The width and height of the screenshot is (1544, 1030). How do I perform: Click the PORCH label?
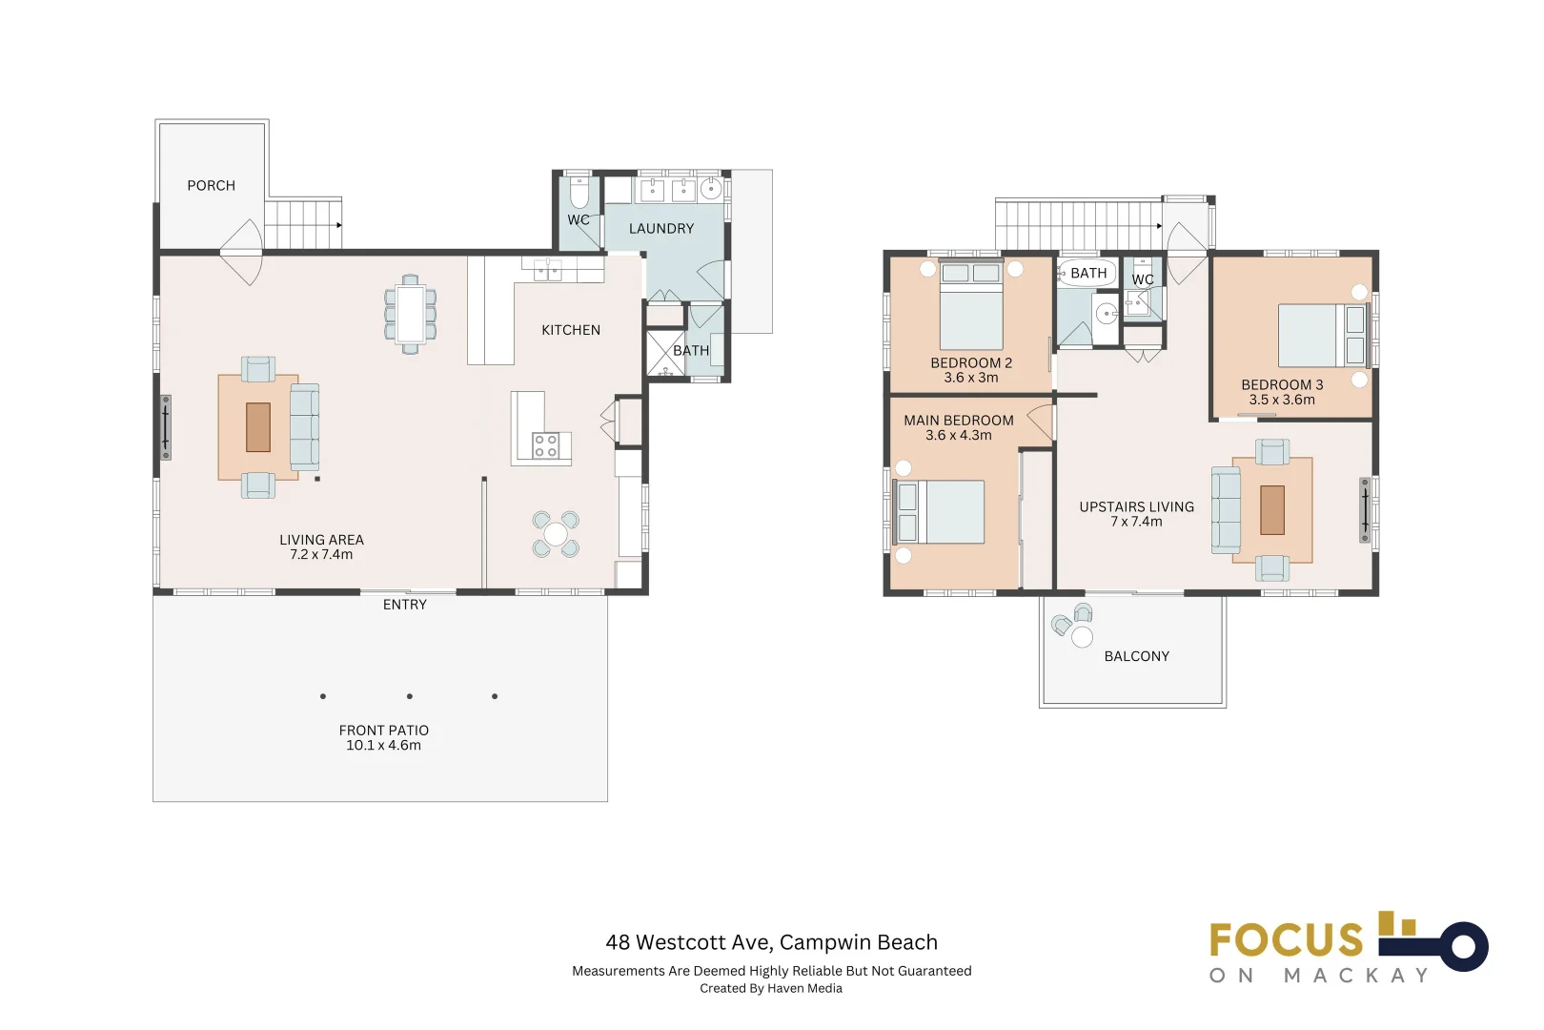212,186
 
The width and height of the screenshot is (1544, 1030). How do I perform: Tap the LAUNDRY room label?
661,228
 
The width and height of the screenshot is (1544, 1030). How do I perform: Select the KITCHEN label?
571,330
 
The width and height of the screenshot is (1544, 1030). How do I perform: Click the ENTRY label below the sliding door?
405,605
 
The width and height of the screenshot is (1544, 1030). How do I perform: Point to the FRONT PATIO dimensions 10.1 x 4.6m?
383,745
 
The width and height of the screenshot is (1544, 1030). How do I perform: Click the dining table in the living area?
410,314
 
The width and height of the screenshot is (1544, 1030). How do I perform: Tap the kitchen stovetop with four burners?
546,445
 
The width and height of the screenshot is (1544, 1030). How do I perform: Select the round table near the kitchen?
556,534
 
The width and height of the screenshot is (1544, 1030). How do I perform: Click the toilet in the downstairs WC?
579,194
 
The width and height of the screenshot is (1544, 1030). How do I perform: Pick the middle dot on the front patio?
410,697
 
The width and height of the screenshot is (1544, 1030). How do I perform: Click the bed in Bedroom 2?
971,305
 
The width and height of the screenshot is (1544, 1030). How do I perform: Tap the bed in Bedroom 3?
1322,336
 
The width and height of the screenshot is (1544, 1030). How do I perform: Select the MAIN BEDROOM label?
959,421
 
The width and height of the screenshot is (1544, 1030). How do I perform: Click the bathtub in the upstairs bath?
1087,273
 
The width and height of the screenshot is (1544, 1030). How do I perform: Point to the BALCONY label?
1137,656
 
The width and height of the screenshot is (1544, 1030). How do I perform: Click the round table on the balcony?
1082,637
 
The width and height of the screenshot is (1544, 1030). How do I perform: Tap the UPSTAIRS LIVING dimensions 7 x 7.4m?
1136,522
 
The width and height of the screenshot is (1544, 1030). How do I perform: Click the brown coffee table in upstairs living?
1272,510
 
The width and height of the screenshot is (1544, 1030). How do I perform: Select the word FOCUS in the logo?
1287,939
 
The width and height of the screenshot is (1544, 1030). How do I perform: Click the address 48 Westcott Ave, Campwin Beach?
771,941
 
